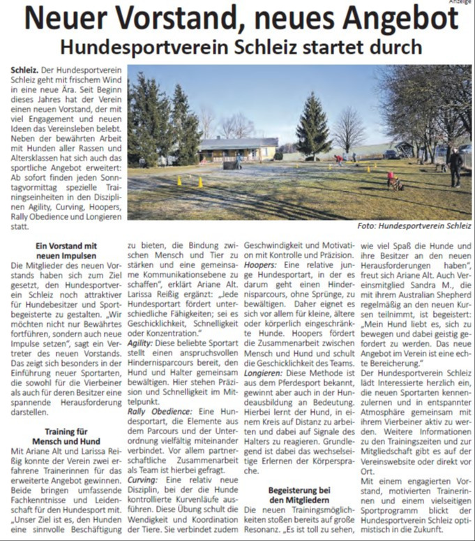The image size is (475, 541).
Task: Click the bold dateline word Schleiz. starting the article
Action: [24, 72]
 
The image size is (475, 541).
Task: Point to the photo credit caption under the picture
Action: [414, 225]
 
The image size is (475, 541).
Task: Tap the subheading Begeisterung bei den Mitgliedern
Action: [298, 496]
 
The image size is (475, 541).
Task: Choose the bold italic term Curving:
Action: [144, 480]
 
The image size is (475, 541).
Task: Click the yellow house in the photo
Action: [237, 149]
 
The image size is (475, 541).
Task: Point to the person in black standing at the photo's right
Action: [455, 167]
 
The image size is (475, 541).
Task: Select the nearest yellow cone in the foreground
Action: [199, 183]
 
